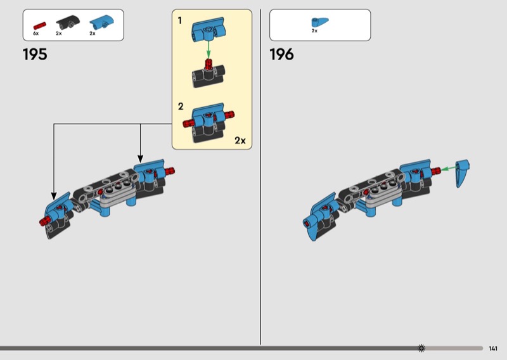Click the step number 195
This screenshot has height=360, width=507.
tap(35, 55)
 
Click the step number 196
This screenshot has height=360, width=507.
tap(281, 55)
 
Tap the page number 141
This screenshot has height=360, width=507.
tap(493, 349)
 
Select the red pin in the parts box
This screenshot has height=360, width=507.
tap(40, 26)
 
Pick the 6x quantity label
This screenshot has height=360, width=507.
tap(35, 34)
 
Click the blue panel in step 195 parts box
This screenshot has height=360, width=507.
tap(101, 22)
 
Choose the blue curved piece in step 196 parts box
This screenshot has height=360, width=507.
tap(319, 22)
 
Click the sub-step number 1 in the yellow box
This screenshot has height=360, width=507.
tap(180, 21)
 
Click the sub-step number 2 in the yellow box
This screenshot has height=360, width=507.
tap(181, 106)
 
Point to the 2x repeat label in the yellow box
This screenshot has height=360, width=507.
tap(240, 140)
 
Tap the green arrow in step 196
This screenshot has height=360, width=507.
tap(449, 168)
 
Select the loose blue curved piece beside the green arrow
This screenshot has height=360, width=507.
tap(463, 173)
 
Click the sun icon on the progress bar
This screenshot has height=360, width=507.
tap(421, 348)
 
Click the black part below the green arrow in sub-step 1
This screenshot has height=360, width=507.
tap(209, 76)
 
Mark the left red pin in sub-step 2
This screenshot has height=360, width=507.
tap(188, 123)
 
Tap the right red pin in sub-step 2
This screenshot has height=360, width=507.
tap(229, 114)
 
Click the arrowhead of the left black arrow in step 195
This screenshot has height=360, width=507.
tap(54, 196)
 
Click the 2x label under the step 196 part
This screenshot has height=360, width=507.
tap(314, 31)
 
